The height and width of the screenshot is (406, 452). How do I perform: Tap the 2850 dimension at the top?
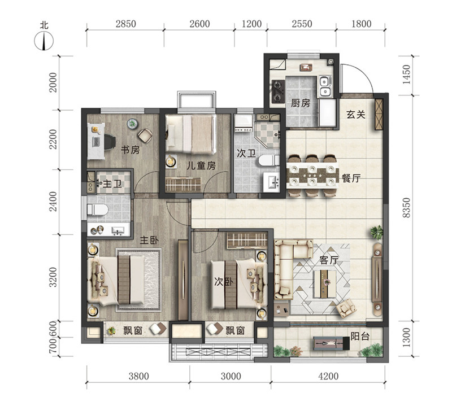[x=125, y=24]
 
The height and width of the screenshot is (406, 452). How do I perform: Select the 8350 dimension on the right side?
[x=406, y=207]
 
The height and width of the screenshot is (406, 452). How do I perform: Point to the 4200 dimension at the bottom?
[x=328, y=376]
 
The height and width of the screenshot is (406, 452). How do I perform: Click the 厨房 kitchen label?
[x=301, y=103]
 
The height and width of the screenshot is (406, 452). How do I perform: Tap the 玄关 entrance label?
[x=356, y=115]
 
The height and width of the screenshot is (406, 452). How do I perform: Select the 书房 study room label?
[x=131, y=150]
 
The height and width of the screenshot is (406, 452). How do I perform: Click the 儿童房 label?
[x=201, y=165]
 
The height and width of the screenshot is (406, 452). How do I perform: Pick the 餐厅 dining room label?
[x=351, y=178]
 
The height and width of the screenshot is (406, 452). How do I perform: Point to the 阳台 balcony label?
[x=360, y=336]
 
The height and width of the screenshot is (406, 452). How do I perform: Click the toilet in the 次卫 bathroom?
[x=269, y=160]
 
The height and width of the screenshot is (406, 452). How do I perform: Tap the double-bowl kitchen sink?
[x=326, y=86]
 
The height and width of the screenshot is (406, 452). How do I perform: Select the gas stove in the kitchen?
[x=278, y=91]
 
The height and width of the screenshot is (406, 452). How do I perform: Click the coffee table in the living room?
[x=324, y=283]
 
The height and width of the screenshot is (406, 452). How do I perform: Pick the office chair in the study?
[x=109, y=142]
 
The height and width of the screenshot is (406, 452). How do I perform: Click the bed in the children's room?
[x=191, y=134]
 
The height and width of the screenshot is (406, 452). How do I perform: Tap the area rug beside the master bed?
[x=138, y=280]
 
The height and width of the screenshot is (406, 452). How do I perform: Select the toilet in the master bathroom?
[x=98, y=209]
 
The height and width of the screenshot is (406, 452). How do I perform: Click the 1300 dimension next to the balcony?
[x=406, y=338]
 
